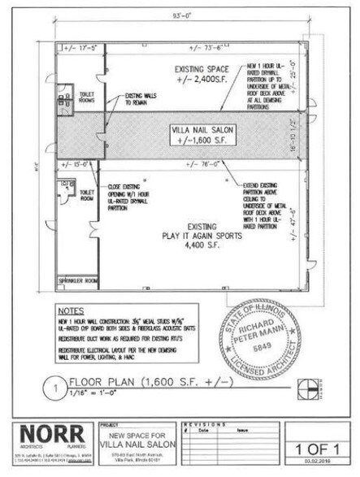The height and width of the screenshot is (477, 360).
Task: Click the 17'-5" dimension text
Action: click(78, 49)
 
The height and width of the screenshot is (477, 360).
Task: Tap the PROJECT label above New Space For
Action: click(108, 423)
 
